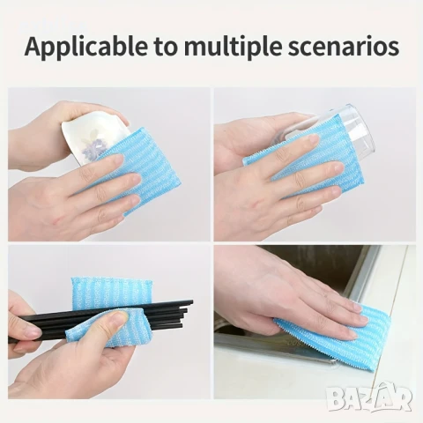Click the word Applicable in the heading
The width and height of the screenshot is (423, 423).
click(x=86, y=46)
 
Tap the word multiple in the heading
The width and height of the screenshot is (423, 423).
click(x=230, y=46)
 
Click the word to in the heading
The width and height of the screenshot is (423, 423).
click(x=166, y=47)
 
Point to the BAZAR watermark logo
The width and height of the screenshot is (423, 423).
click(x=370, y=397)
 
